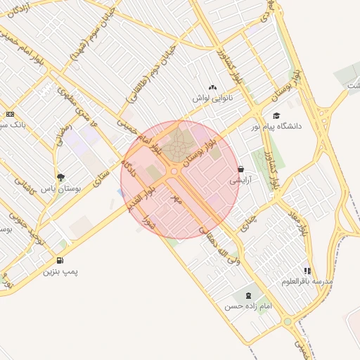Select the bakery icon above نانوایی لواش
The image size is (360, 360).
tap(212, 87)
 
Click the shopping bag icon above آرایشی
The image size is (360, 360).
tap(241, 169)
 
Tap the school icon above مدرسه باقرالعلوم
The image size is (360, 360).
tap(307, 271)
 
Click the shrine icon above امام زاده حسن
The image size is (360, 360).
tap(247, 295)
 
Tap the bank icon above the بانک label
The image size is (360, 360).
tap(10, 114)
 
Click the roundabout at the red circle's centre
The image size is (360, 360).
tap(174, 170)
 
